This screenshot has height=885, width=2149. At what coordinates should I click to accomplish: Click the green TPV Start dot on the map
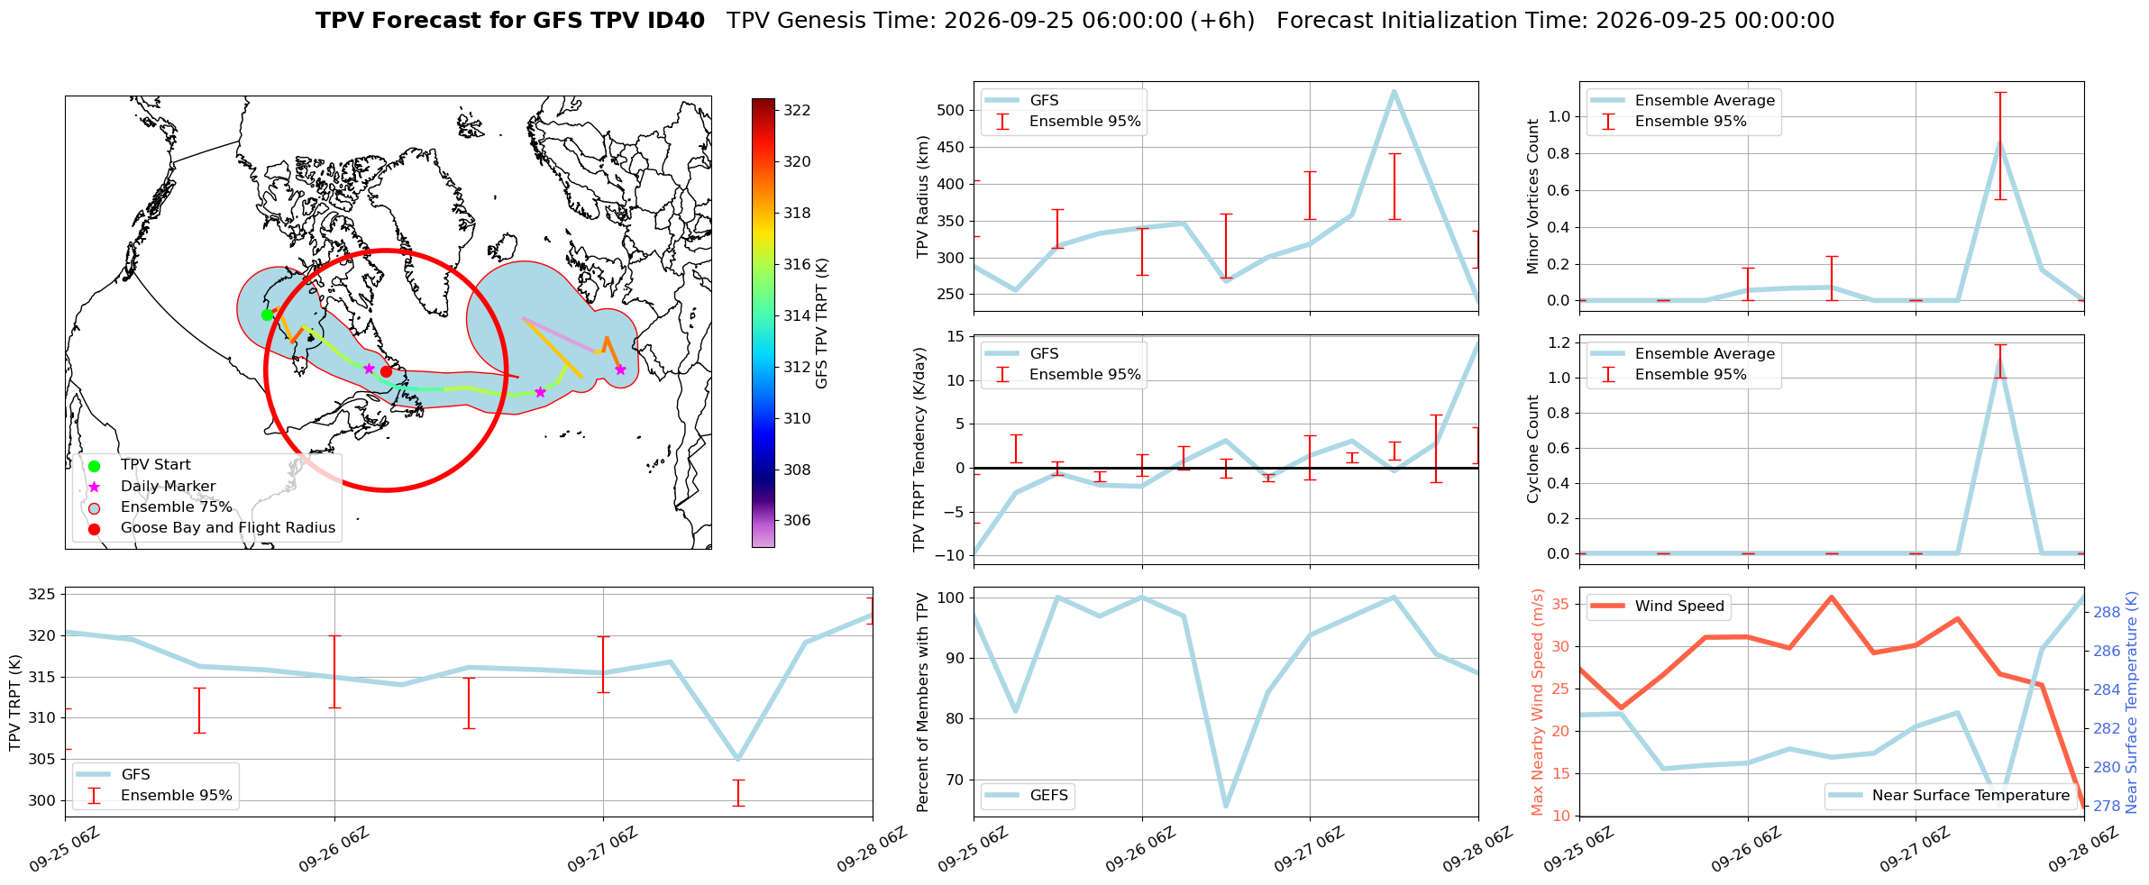click(x=267, y=315)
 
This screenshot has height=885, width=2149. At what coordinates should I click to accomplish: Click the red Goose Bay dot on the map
click(x=386, y=371)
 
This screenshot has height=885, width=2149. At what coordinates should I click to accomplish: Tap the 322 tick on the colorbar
click(x=797, y=110)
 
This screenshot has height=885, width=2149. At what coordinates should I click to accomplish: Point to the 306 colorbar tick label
click(x=797, y=520)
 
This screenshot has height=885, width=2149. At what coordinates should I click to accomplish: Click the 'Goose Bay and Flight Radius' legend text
click(x=228, y=527)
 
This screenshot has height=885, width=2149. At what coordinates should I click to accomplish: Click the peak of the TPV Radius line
click(x=1394, y=91)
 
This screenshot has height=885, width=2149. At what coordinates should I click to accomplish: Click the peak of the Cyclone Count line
click(x=1999, y=360)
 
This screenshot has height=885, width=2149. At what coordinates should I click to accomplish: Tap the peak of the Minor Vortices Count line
click(x=1999, y=142)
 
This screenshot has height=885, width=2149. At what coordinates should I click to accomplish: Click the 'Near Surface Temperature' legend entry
click(x=1951, y=795)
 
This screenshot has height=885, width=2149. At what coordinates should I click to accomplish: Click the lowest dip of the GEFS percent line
click(x=1226, y=807)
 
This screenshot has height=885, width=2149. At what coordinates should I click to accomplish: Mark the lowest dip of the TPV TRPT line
click(x=738, y=759)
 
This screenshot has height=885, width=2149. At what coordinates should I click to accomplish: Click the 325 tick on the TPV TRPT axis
click(x=43, y=594)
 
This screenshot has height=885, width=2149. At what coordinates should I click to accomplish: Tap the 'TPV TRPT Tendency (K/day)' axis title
click(x=919, y=450)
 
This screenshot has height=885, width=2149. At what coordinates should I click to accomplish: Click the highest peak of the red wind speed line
click(x=1831, y=597)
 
